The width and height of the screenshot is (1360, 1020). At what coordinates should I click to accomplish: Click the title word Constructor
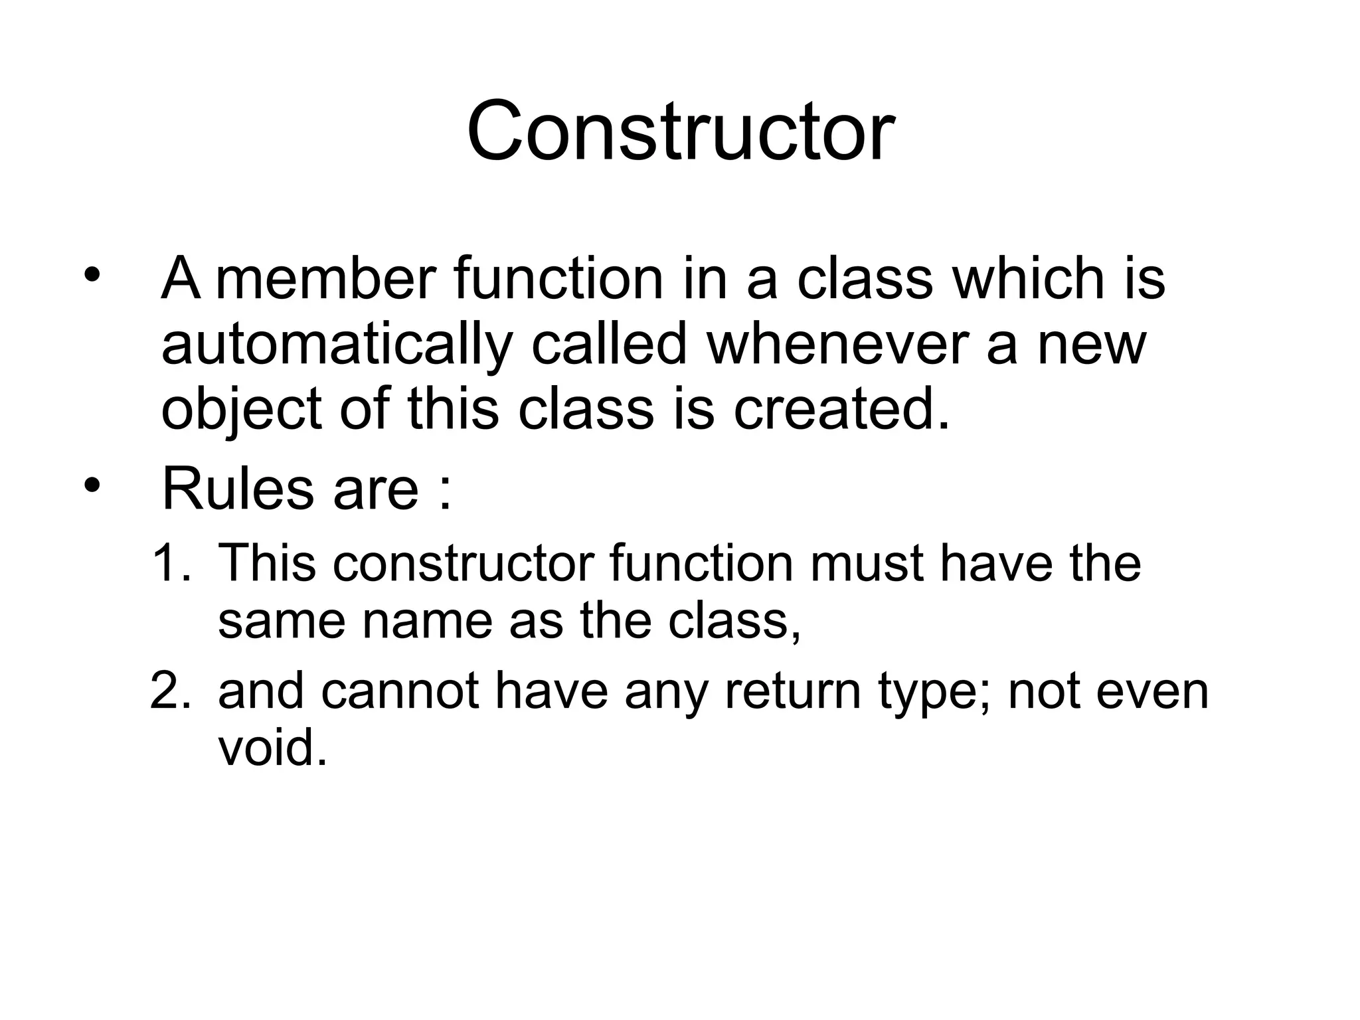point(681,131)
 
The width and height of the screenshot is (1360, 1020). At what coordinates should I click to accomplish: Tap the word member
point(324,279)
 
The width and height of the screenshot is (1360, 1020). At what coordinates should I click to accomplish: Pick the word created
point(841,409)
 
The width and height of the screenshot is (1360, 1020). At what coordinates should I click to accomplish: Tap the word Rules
point(238,489)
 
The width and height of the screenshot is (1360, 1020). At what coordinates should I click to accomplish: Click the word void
point(272,748)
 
